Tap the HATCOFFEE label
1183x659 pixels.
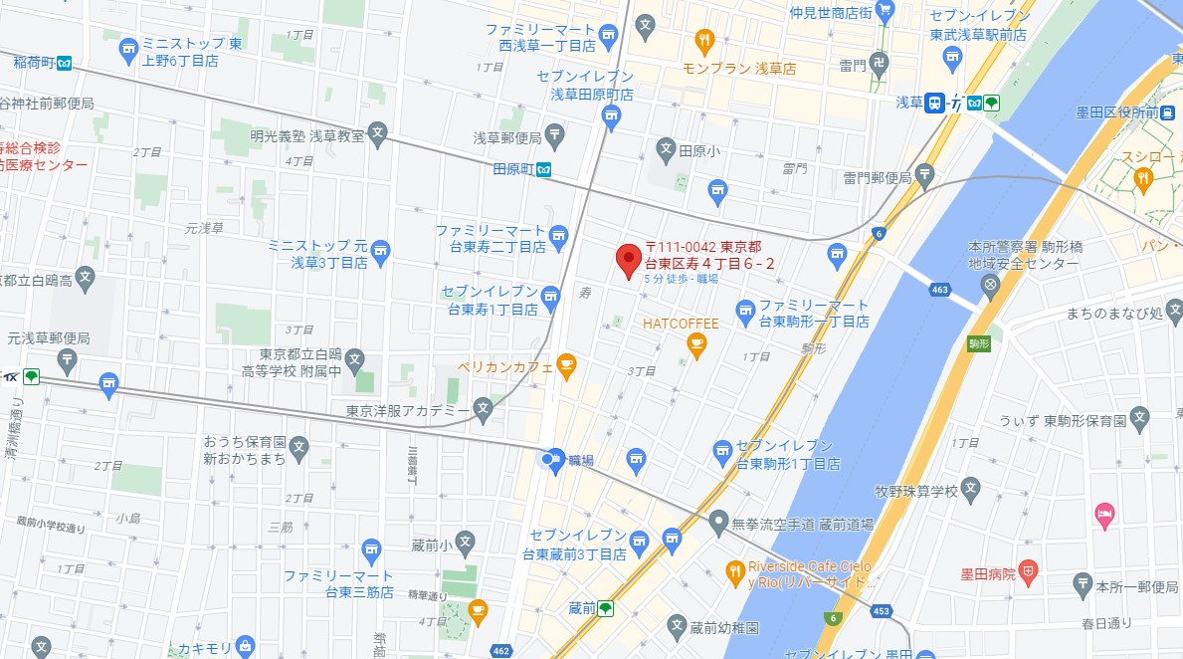[681, 324]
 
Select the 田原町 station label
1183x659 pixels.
[514, 169]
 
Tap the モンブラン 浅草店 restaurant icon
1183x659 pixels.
[704, 41]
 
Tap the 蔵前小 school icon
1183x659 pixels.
[466, 544]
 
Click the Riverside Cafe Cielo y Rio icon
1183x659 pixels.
[735, 570]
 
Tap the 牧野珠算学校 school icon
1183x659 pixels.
[971, 490]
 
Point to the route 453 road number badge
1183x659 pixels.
[880, 610]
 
